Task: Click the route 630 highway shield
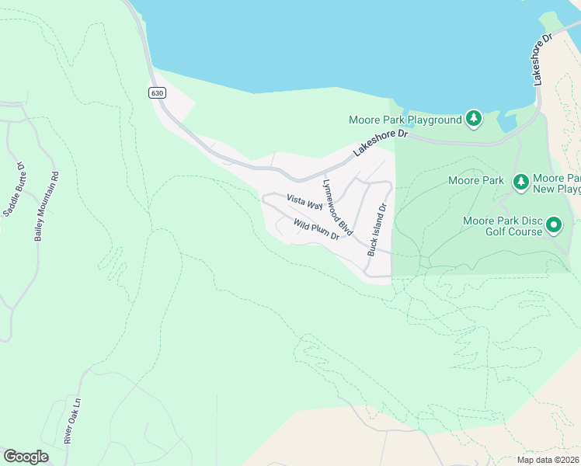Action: coord(158,92)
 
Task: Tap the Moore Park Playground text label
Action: coord(405,120)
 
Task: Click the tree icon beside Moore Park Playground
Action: coord(474,119)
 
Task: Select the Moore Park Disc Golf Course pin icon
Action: coord(553,225)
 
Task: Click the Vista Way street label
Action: coord(304,202)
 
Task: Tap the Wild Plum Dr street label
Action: coord(316,228)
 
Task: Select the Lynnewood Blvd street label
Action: coord(338,207)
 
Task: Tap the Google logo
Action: coord(26,457)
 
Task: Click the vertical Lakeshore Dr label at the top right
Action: coord(541,59)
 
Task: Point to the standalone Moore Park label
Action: coord(476,181)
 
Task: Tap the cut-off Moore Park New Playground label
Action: coord(556,183)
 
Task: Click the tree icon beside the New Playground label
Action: coord(520,182)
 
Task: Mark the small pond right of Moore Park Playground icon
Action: coord(506,123)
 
